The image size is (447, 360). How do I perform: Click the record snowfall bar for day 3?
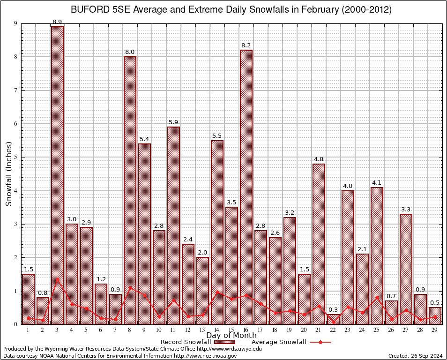(57, 175)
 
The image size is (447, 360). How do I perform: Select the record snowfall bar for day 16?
(246, 187)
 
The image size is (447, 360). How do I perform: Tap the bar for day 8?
(130, 190)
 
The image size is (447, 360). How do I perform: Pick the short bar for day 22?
(333, 319)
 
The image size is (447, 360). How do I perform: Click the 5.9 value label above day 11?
(173, 123)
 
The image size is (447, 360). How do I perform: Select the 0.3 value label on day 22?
(333, 310)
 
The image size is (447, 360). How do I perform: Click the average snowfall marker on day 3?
(57, 279)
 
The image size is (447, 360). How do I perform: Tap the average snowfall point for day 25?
(377, 297)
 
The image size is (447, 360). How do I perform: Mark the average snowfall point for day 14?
(217, 292)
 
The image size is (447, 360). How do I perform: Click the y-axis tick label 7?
(15, 90)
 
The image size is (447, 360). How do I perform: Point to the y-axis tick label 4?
(15, 191)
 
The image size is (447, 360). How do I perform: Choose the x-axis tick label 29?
(435, 330)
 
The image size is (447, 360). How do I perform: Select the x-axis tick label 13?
(202, 330)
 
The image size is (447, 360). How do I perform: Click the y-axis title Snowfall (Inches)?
(8, 174)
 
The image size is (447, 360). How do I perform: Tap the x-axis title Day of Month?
(231, 336)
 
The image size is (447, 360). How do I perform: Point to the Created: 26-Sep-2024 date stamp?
(415, 356)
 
